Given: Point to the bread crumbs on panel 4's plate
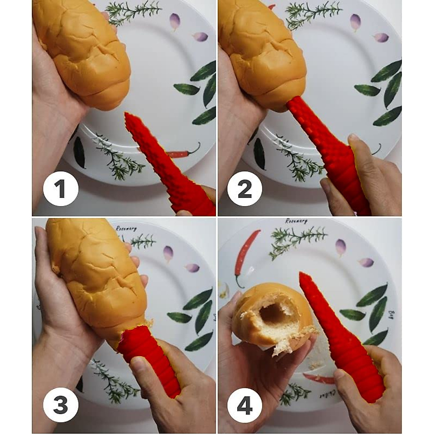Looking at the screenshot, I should [315, 365].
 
